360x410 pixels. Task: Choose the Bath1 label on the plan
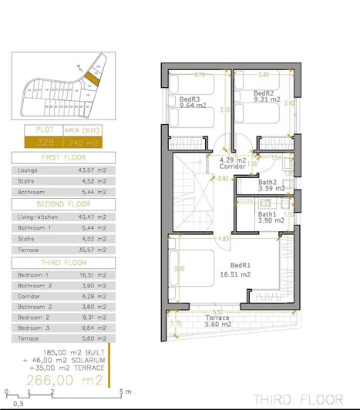pyautogui.click(x=267, y=214)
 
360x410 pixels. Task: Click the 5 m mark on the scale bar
pyautogui.click(x=122, y=392)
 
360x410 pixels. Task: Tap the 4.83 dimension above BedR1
pyautogui.click(x=224, y=239)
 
